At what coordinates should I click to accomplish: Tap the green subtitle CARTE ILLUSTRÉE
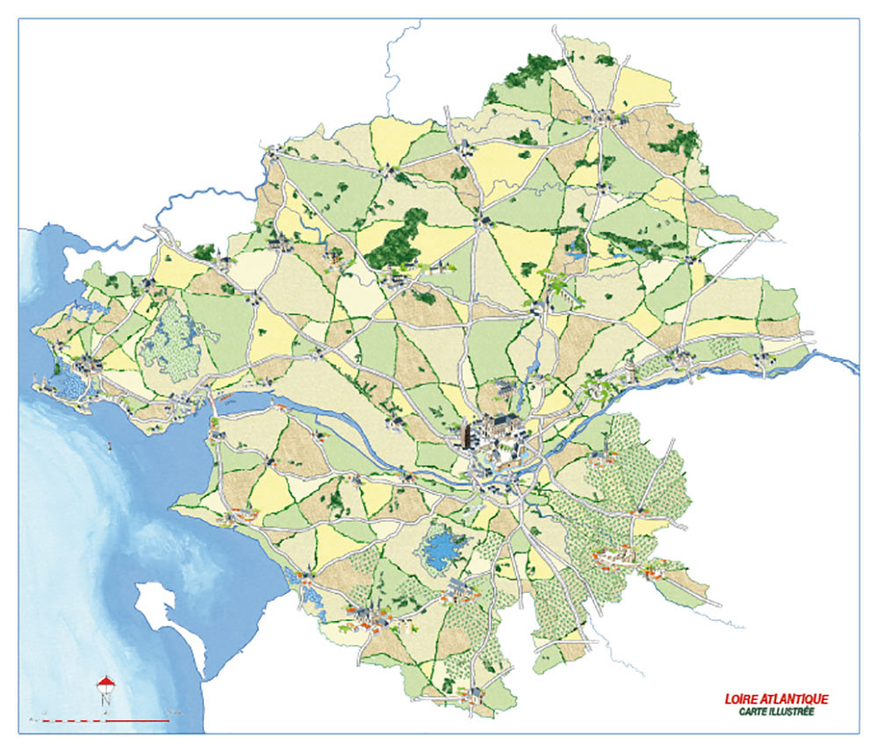(776, 711)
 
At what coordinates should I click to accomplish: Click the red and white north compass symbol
(105, 684)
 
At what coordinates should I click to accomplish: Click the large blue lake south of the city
(444, 550)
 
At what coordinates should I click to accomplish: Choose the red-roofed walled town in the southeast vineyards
(615, 555)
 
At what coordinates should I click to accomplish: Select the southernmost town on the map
(474, 695)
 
